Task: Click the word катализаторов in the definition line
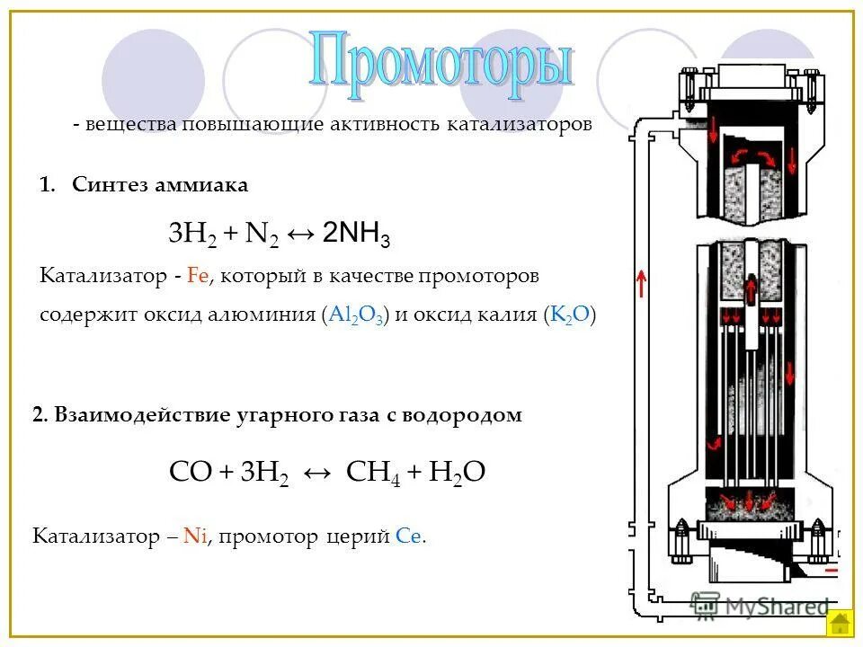tap(520, 124)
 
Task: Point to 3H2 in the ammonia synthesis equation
tap(191, 235)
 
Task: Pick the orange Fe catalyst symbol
tap(197, 277)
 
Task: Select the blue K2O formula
tap(570, 315)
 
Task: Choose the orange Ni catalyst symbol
tap(194, 537)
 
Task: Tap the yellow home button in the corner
tap(840, 622)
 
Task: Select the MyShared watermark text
tap(760, 604)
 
